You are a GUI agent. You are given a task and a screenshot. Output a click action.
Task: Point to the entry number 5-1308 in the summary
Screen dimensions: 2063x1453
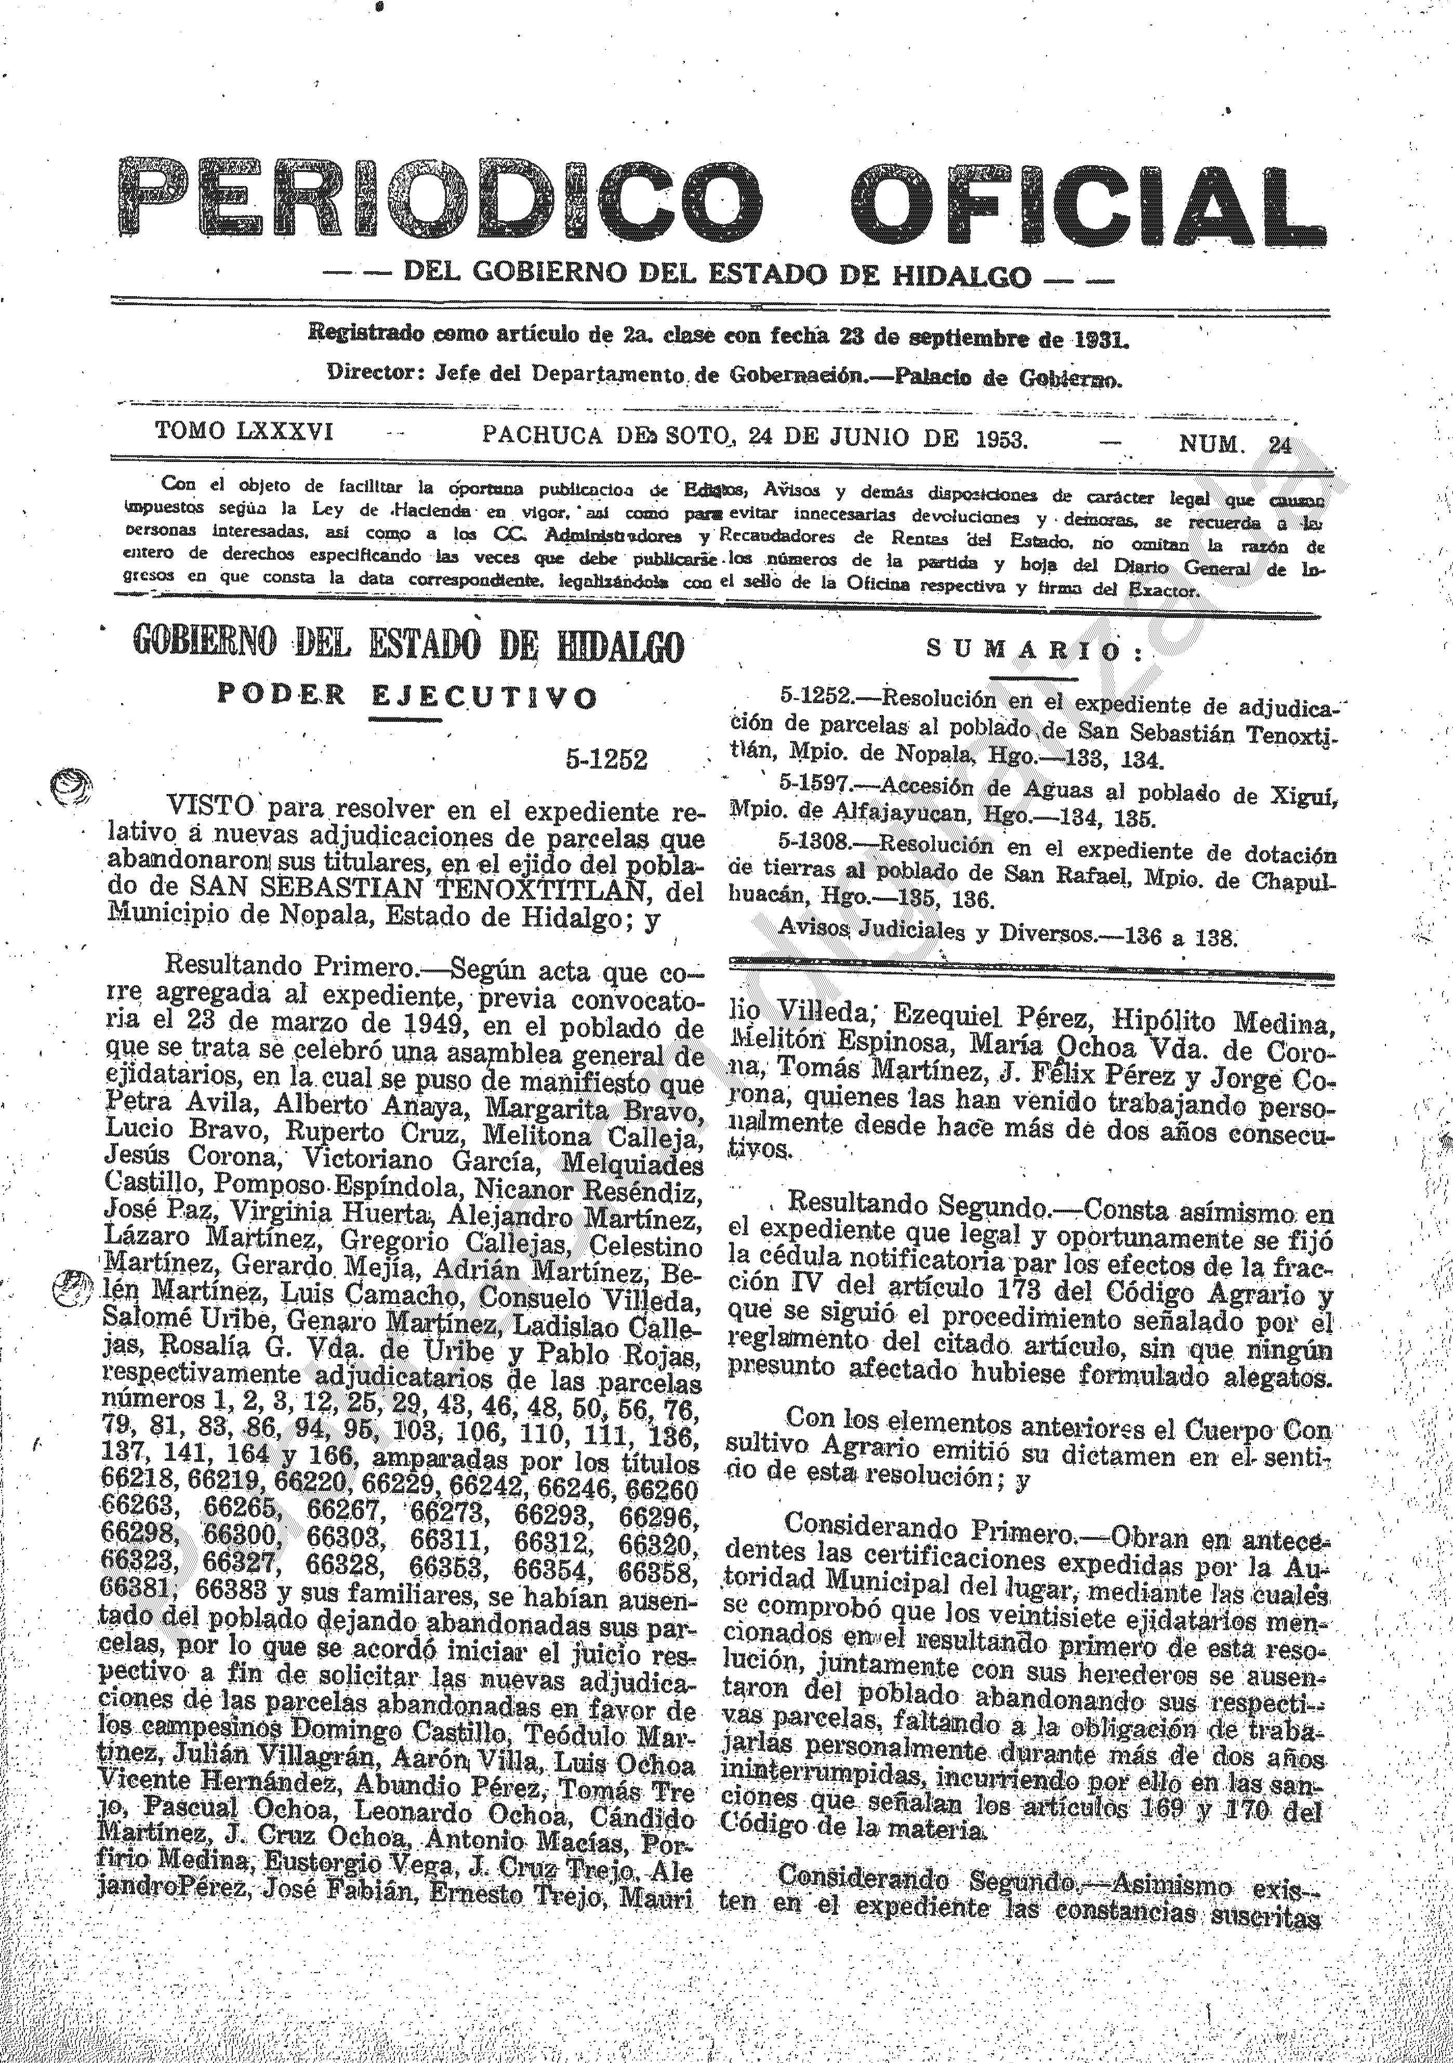(812, 844)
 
